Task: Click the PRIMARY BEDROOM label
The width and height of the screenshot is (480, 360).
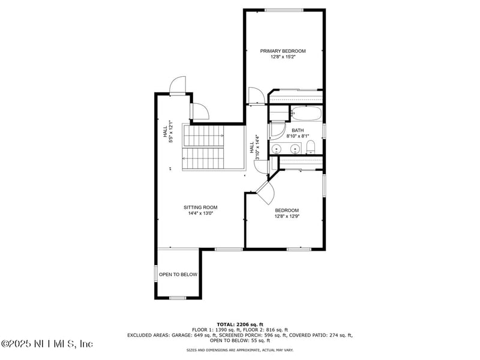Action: click(x=283, y=51)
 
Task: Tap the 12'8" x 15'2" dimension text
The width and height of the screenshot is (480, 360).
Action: click(x=283, y=57)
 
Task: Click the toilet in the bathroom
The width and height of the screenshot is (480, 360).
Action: click(x=310, y=148)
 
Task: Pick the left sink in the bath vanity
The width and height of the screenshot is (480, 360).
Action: click(x=277, y=149)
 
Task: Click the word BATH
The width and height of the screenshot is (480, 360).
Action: click(x=298, y=130)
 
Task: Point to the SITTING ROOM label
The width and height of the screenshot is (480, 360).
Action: click(x=200, y=208)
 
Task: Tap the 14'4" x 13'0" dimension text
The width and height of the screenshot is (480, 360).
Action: click(x=200, y=213)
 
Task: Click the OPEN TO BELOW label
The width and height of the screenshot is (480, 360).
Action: click(x=178, y=274)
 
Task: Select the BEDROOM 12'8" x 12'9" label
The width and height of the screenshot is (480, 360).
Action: click(x=287, y=213)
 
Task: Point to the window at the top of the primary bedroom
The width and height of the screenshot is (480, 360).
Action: click(x=284, y=10)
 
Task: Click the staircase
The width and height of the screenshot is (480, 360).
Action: click(x=204, y=148)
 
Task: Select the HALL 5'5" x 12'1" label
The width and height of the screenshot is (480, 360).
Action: click(x=167, y=133)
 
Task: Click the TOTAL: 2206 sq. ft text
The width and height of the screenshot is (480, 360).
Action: click(x=240, y=324)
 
